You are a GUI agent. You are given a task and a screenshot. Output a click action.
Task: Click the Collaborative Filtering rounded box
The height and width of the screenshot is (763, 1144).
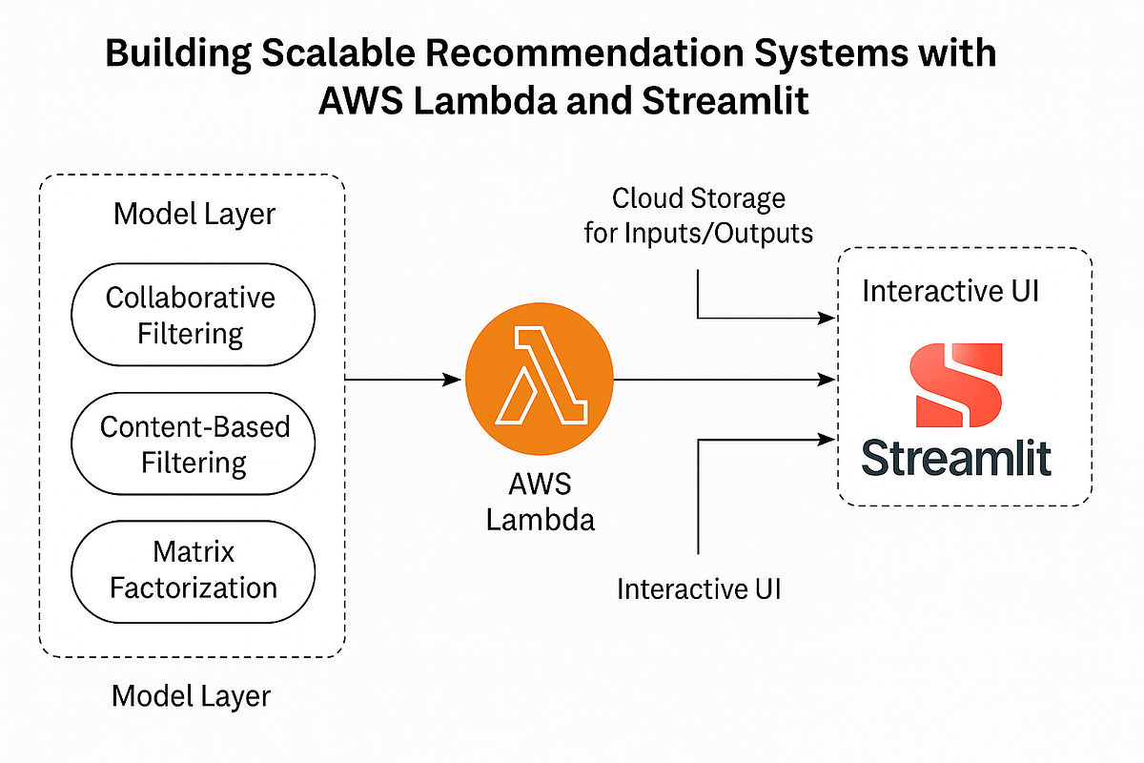point(191,315)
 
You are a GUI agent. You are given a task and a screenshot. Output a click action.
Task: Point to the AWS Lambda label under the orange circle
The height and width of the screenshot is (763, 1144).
point(539,502)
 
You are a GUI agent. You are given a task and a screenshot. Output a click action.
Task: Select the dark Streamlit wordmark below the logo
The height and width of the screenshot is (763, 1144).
point(956,457)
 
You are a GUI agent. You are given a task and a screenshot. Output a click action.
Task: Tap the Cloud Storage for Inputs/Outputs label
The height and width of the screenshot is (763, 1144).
point(698,216)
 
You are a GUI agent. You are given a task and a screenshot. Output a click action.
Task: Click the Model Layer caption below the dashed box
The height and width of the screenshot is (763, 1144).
point(191,696)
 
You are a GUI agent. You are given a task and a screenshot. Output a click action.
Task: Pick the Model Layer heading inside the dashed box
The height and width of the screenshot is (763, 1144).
point(194,214)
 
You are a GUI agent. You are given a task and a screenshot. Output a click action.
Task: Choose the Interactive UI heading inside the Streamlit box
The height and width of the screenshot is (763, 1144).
point(950,291)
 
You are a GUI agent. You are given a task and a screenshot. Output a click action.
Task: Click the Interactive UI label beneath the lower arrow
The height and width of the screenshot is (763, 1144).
point(699,588)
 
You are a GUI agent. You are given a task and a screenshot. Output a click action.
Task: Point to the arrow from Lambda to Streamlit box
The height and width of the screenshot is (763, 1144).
point(725,381)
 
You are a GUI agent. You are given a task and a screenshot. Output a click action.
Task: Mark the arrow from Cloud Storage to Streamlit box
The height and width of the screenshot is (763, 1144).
point(753,317)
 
